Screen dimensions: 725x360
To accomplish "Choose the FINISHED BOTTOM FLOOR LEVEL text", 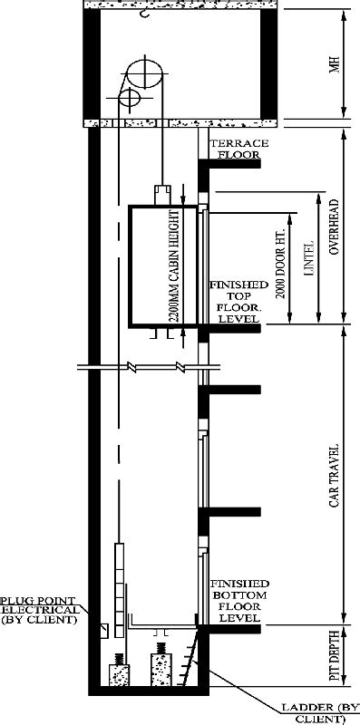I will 238,599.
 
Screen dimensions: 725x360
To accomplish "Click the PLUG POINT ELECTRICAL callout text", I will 38,610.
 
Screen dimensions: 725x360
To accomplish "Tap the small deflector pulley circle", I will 128,95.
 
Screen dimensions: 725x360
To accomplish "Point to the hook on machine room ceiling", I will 142,15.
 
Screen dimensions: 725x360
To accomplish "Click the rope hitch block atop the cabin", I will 162,193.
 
